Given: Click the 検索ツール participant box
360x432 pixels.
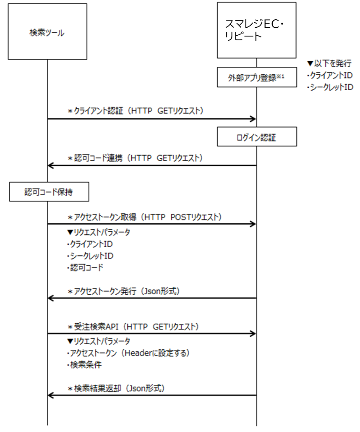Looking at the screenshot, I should pos(47,32).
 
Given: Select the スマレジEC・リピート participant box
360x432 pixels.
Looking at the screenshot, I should pos(257,30).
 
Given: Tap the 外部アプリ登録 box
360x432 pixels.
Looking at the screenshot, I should pos(257,77).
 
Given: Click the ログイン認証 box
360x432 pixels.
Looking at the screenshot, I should pos(257,136).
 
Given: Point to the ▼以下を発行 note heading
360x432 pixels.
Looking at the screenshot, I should pos(329,64).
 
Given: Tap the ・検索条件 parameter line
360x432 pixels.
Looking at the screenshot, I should pos(84,365).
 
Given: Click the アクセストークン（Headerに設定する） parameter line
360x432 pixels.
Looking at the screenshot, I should pos(128,353).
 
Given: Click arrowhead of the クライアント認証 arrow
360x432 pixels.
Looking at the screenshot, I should pos(253,119).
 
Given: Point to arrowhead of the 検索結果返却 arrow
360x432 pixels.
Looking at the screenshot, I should pos(51,395).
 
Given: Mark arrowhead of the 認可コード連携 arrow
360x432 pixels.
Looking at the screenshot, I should pos(51,165).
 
